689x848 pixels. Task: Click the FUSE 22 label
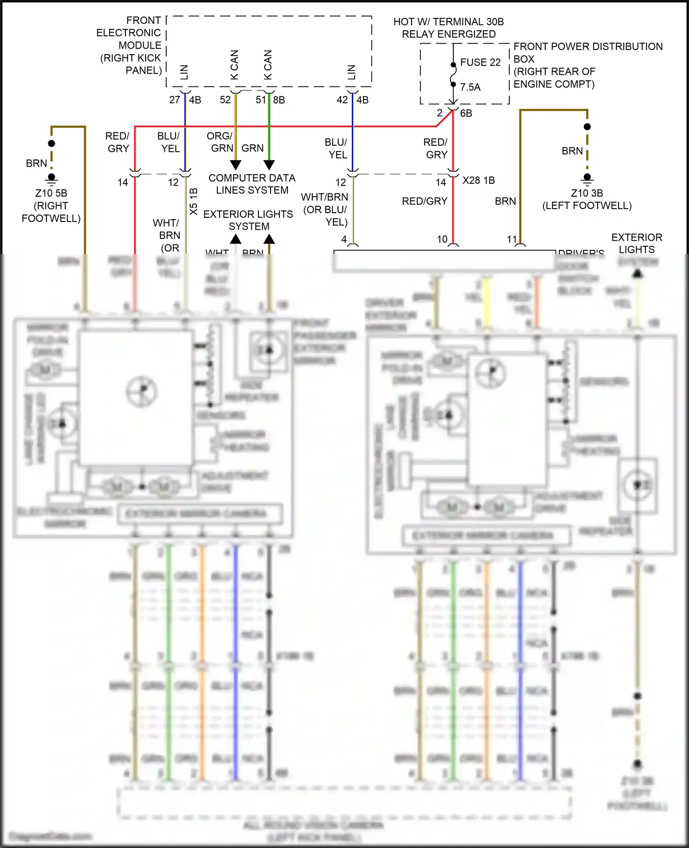pos(480,62)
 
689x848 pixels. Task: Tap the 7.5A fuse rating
pos(470,87)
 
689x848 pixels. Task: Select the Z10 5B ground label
pos(51,193)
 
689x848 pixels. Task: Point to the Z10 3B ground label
pos(587,193)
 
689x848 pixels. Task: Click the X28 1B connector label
pos(478,181)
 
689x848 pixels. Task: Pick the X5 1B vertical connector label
pos(193,201)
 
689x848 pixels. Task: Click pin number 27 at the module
pos(175,100)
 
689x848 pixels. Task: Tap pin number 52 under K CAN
pos(225,100)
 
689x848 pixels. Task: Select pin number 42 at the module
pos(342,100)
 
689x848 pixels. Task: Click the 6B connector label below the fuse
pos(466,113)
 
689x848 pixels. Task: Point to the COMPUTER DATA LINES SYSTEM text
pos(252,184)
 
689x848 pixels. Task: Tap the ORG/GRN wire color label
pos(220,142)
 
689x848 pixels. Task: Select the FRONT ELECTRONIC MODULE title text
pos(131,45)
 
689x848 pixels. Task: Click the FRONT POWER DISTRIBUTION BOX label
pos(587,65)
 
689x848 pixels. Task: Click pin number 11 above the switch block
pos(512,239)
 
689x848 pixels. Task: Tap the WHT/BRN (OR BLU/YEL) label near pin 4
pos(325,209)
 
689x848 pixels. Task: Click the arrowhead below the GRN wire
pos(269,164)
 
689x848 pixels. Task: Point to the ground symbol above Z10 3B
pos(587,178)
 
